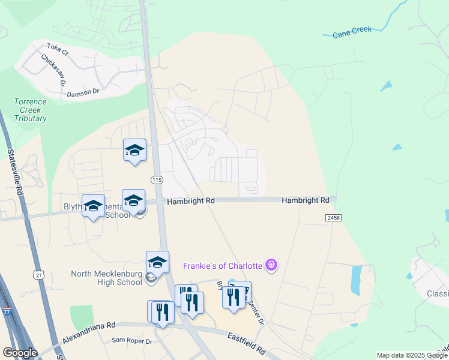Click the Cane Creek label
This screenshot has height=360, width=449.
coord(352,32)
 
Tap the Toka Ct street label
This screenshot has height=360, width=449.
coord(58,49)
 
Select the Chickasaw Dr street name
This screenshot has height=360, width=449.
coord(53,70)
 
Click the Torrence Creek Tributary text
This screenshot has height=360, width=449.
coord(30,110)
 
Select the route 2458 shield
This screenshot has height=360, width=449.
coord(334,217)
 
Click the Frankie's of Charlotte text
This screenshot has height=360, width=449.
coord(223,265)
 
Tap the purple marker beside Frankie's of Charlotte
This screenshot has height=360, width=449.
coord(271,265)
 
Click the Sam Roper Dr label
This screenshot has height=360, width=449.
coord(132,341)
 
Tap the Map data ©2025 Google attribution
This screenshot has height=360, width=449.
coord(412,355)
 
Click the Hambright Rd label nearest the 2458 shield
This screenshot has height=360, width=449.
coord(306,200)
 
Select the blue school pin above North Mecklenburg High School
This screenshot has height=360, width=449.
coord(157,262)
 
